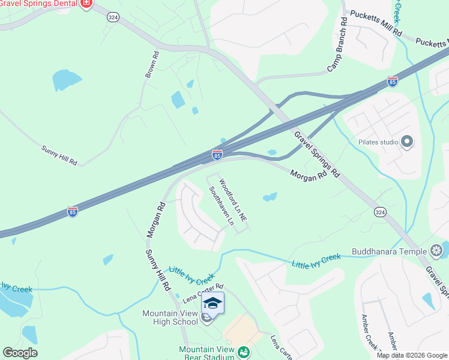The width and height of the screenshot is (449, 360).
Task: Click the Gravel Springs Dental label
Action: click(x=39, y=4)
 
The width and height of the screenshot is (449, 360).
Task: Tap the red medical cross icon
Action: click(x=86, y=4)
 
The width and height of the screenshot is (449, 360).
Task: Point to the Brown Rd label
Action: click(x=151, y=64)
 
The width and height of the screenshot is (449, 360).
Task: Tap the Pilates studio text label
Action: click(x=378, y=143)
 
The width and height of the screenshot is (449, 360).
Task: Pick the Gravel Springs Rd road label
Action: click(x=317, y=154)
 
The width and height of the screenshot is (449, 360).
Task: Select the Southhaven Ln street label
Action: click(x=221, y=205)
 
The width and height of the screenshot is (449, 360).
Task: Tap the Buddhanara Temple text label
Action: click(x=390, y=251)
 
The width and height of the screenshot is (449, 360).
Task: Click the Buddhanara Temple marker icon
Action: click(x=437, y=251)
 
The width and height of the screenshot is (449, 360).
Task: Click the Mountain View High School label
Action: click(x=170, y=317)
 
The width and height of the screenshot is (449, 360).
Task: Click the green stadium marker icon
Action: click(x=244, y=352)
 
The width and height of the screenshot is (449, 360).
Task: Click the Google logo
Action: click(x=20, y=353)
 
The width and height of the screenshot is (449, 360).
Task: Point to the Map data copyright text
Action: click(x=412, y=355)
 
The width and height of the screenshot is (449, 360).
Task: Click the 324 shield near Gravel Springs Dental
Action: click(x=113, y=18)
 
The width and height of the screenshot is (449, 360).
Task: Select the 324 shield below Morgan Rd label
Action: click(x=379, y=212)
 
